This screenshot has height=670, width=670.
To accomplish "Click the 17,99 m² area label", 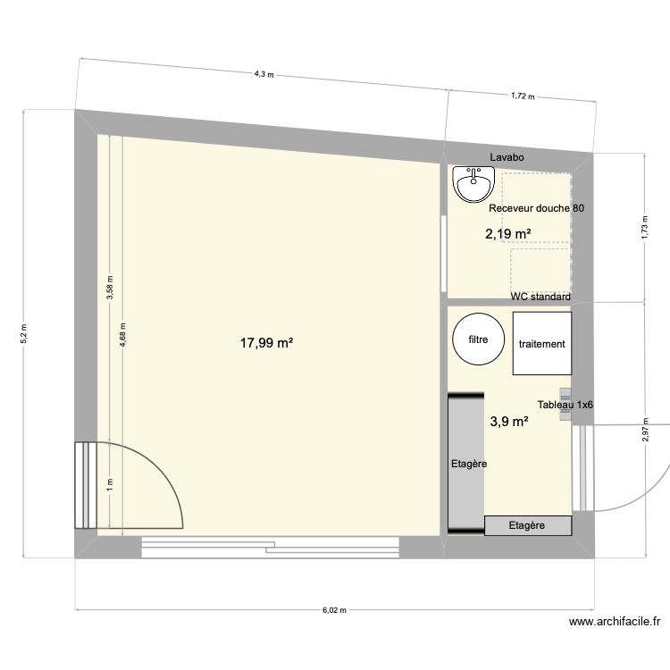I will (x=267, y=342).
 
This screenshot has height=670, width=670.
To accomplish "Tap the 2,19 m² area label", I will (x=508, y=234).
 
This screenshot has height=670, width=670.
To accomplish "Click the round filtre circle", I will (x=477, y=340).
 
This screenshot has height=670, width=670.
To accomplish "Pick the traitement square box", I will (x=541, y=344).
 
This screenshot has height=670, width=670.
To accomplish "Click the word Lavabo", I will (x=506, y=157).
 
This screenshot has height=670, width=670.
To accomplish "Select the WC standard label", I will (x=540, y=297).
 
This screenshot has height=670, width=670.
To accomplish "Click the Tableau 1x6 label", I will (x=565, y=405).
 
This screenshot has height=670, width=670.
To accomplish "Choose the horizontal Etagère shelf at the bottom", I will (x=526, y=526).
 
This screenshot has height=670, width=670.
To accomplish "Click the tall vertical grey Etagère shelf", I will (x=465, y=465).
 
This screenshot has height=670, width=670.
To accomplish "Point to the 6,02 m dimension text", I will (x=335, y=610).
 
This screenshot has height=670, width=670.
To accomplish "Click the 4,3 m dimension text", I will (x=263, y=74).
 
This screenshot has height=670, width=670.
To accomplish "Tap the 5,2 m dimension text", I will (x=24, y=332).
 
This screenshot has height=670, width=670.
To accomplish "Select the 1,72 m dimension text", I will (x=522, y=95).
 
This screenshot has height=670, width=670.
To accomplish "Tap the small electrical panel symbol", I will (x=565, y=393).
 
